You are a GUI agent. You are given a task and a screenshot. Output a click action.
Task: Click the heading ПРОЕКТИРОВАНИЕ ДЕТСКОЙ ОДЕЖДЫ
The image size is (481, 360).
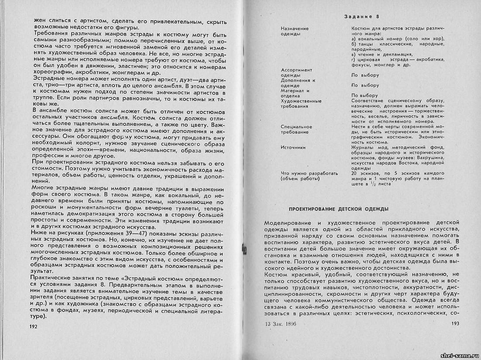point(339,209)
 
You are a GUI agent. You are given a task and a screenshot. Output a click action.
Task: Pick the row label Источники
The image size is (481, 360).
point(293,148)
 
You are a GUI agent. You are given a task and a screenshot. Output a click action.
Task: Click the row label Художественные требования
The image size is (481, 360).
point(301,104)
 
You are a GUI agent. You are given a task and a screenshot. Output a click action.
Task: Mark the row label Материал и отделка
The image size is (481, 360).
point(295,93)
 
